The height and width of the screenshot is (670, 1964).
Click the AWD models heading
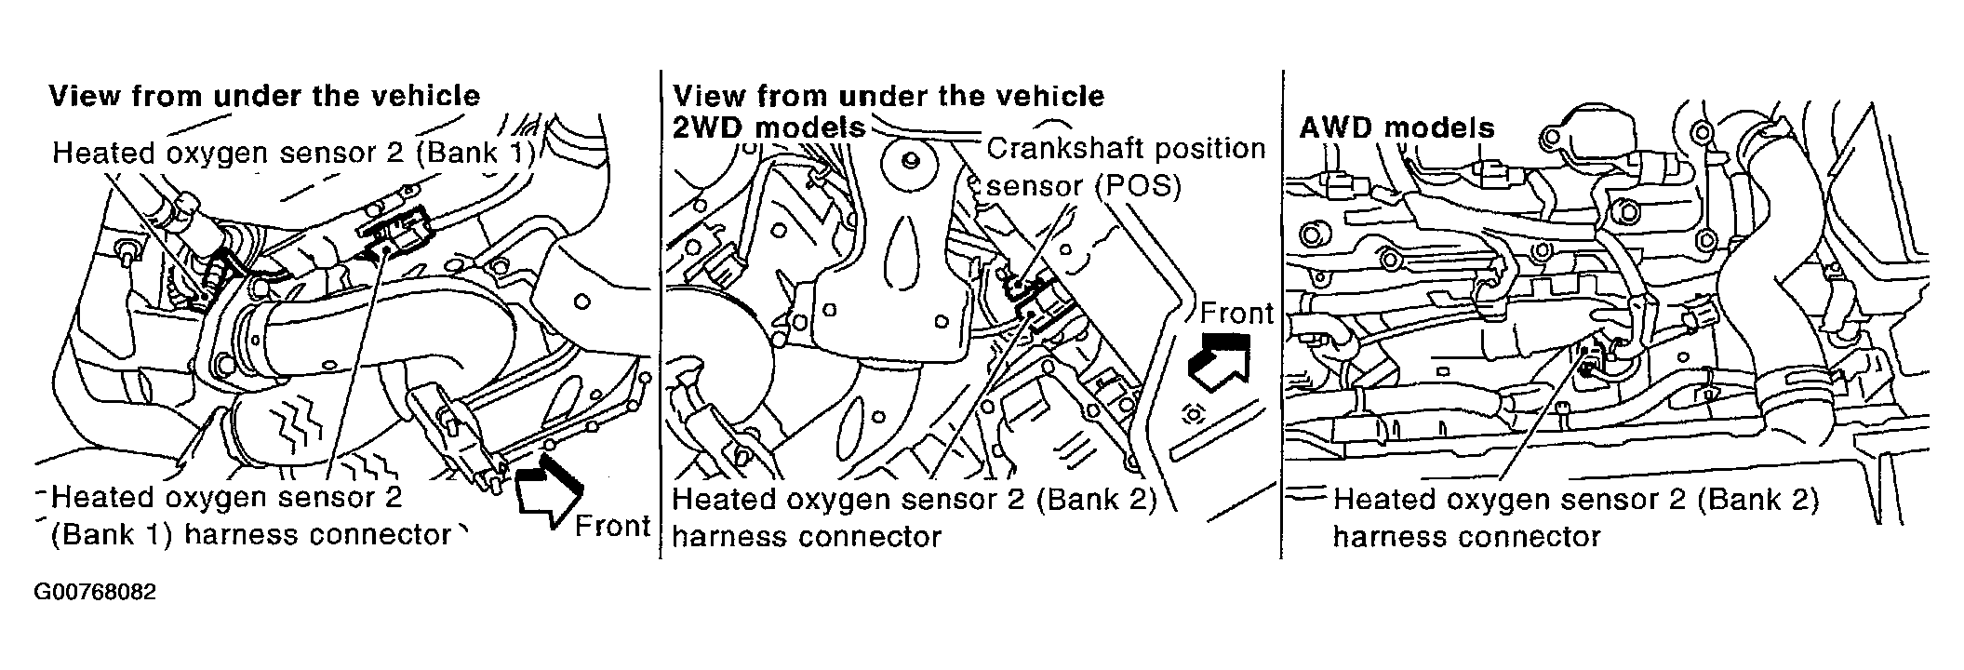point(1396,127)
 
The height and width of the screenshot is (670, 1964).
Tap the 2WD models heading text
point(768,127)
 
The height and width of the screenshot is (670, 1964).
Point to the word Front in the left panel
point(611,527)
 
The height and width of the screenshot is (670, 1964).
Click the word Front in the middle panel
point(1236,314)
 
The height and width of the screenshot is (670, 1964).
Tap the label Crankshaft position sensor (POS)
point(1126,167)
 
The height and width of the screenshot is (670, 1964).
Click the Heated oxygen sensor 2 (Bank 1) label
point(293,153)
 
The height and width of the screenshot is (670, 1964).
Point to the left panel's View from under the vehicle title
point(264,96)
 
